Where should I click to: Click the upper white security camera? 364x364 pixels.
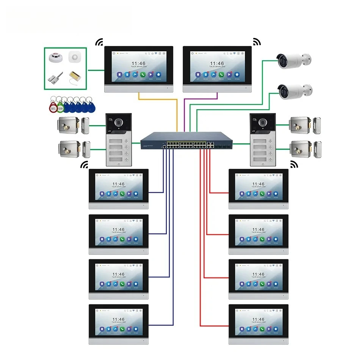294,61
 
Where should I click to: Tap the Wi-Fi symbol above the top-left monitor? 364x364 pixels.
99,42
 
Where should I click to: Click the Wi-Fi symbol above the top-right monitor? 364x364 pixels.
257,42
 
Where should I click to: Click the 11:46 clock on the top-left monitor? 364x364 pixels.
138,63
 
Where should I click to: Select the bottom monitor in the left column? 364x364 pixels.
119,324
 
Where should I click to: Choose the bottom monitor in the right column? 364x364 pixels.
258,324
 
